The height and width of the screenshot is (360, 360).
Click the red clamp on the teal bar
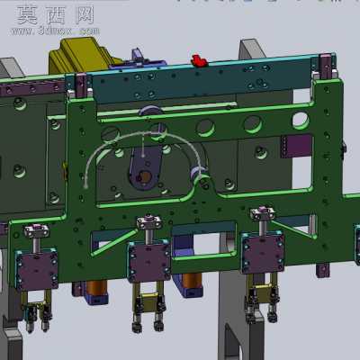pyautogui.click(x=199, y=60)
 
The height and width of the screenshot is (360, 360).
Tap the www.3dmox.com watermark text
pyautogui.click(x=55, y=31)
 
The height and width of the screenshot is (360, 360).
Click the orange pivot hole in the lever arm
pyautogui.click(x=145, y=176)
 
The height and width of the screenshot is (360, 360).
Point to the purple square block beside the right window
pyautogui.click(x=297, y=146)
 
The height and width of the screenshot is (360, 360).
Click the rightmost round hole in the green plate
pyautogui.click(x=301, y=121)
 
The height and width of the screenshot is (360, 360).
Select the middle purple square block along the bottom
pyautogui.click(x=149, y=261)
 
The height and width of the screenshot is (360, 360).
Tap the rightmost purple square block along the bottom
pyautogui.click(x=263, y=252)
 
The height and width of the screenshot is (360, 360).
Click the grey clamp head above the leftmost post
pyautogui.click(x=37, y=230)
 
